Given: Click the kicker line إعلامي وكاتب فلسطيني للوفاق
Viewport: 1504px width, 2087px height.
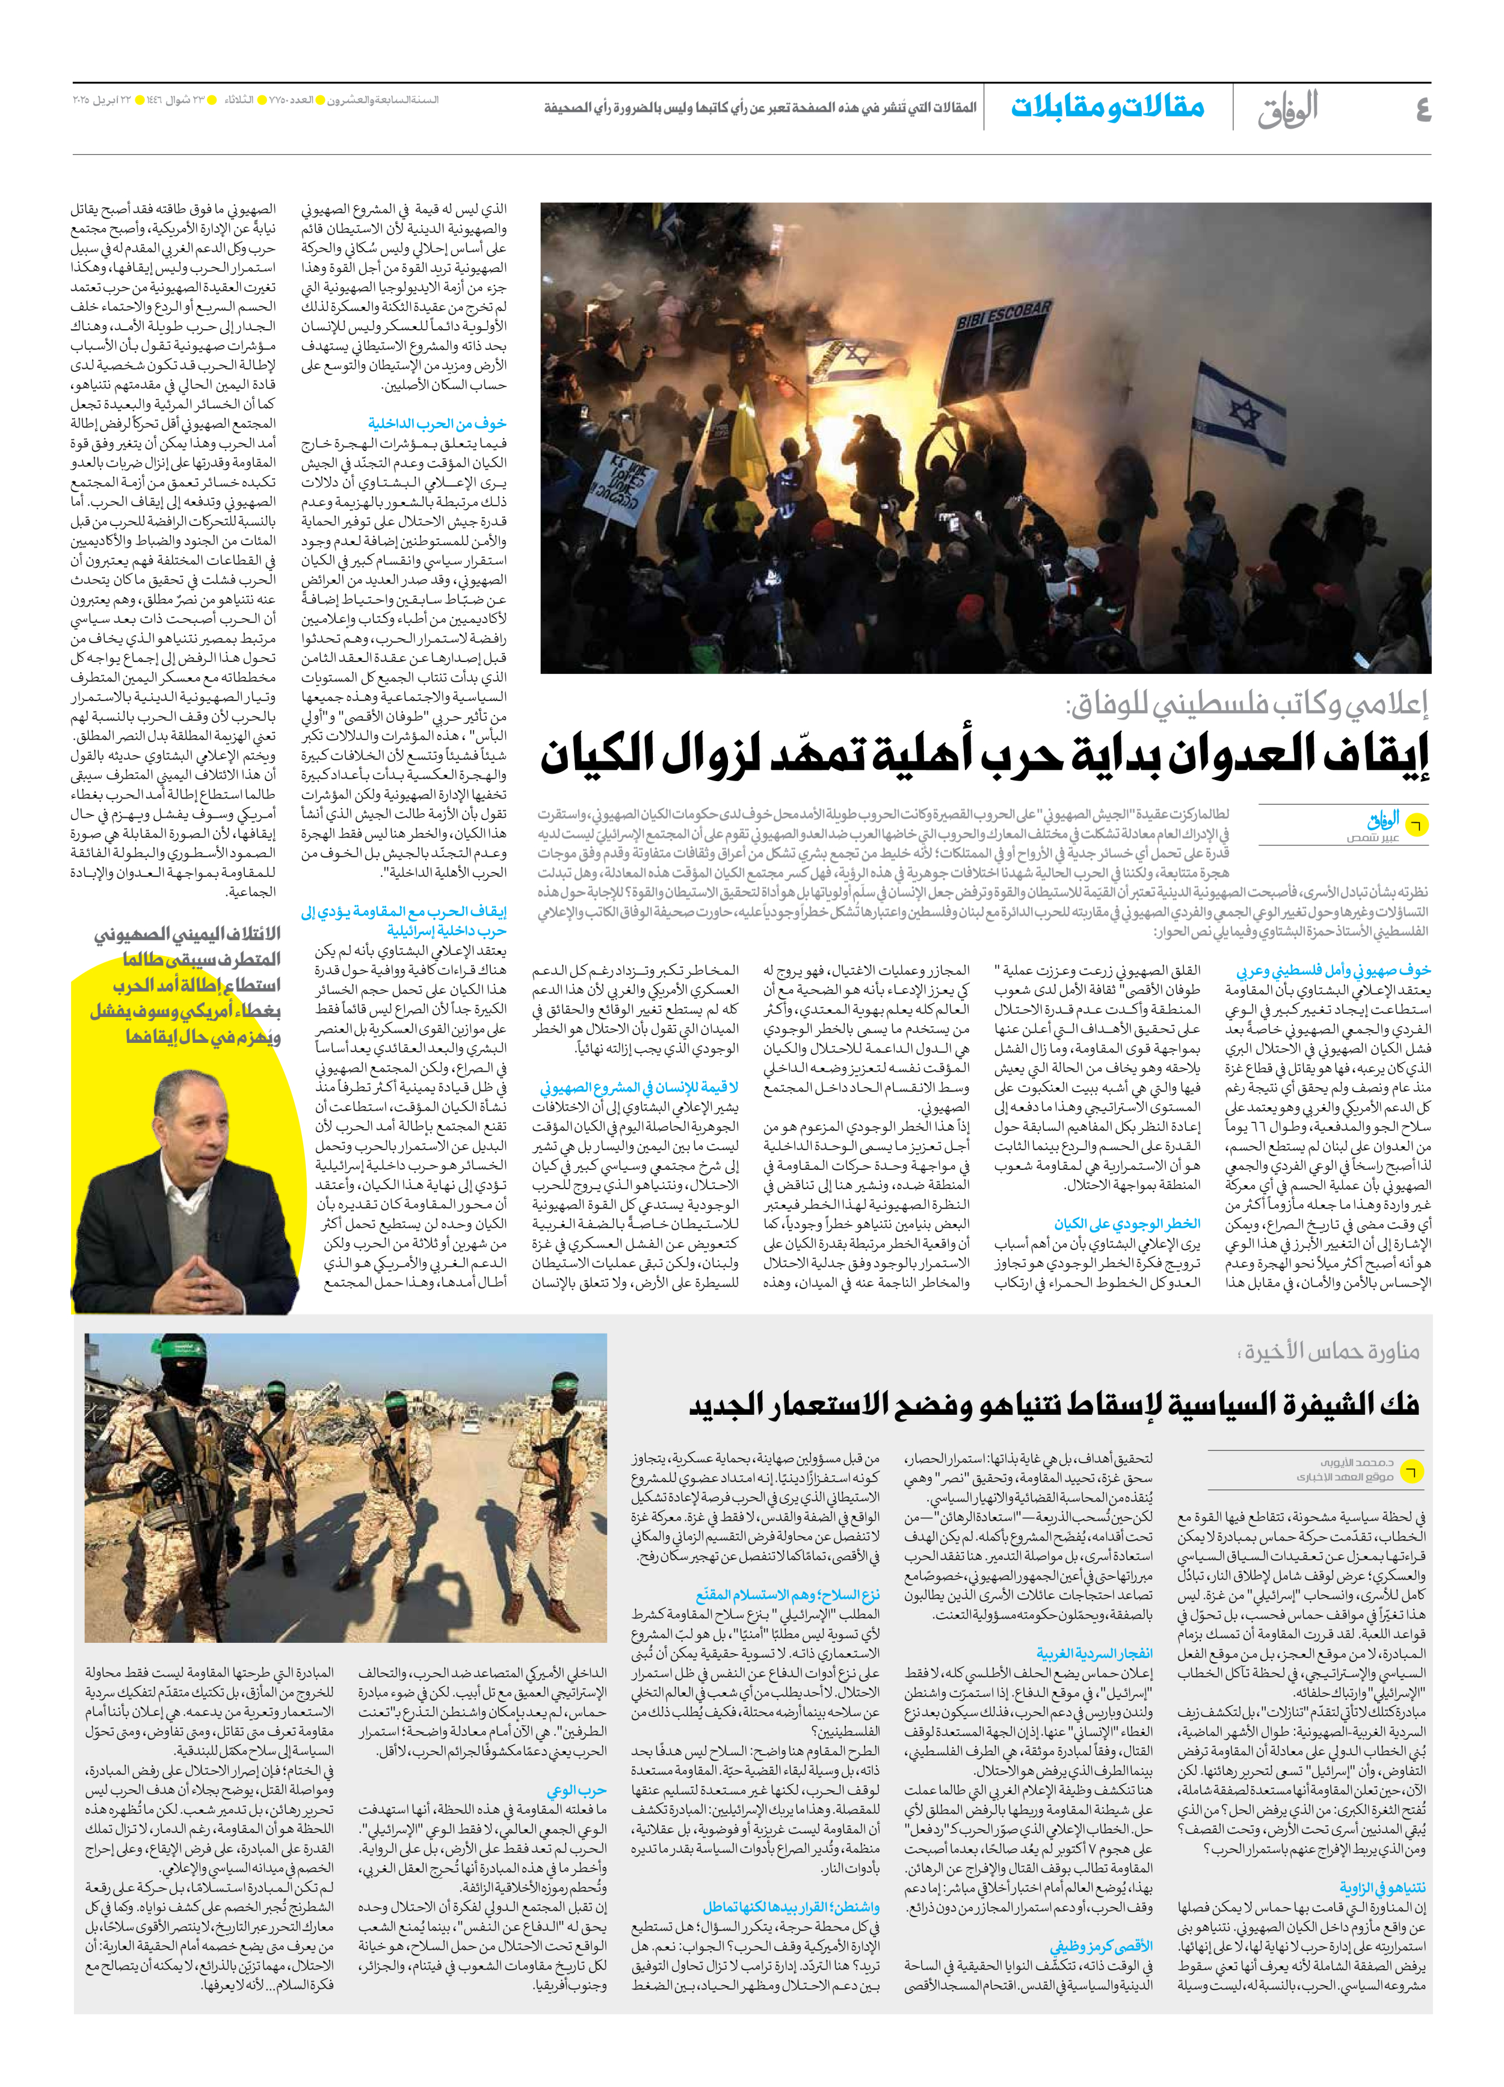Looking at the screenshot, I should pyautogui.click(x=1247, y=705).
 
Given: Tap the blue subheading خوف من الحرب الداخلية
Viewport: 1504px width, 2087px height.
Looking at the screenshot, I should pyautogui.click(x=437, y=423).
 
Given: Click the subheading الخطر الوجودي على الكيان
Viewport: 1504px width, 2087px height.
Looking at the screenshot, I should pyautogui.click(x=1127, y=1224).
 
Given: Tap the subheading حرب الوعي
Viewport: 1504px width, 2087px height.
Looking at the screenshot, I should pyautogui.click(x=577, y=1791).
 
